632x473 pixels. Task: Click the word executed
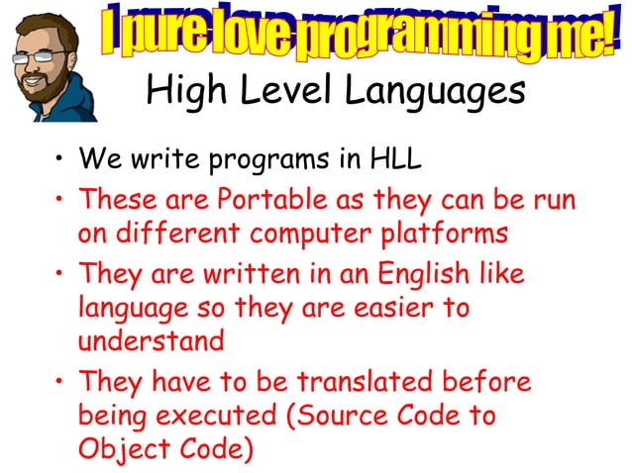coord(223,417)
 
